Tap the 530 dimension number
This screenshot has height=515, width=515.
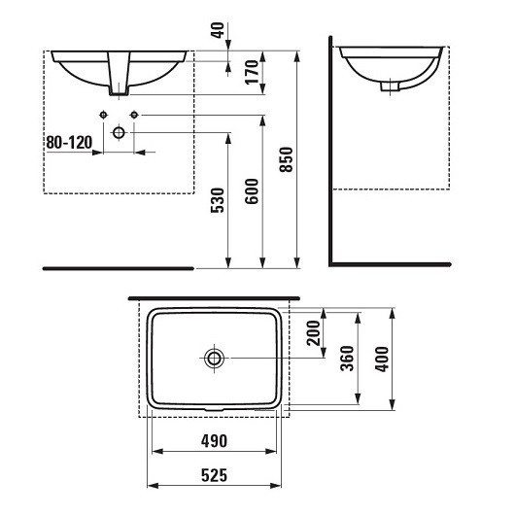tap(218, 200)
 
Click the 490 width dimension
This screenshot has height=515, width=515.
tap(213, 441)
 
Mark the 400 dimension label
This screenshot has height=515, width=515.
tap(381, 360)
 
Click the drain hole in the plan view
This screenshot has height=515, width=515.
tap(214, 359)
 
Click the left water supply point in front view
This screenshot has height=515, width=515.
tap(103, 117)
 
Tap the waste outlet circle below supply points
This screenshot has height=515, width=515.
tap(120, 131)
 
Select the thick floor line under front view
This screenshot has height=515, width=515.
tap(119, 265)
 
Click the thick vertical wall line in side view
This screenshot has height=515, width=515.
tap(330, 155)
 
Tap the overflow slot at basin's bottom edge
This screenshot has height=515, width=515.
tap(214, 407)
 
